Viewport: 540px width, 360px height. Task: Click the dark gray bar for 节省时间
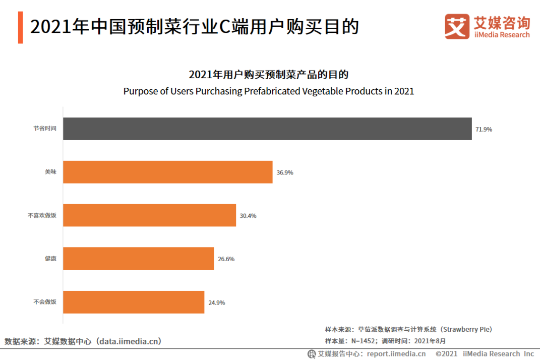267,129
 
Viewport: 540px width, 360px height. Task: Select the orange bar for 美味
168,172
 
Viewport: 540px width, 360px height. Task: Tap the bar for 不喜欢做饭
150,215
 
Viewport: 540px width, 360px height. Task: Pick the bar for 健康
139,259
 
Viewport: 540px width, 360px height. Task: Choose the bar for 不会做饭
134,302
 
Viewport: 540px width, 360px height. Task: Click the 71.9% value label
484,130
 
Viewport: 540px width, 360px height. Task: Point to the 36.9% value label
284,172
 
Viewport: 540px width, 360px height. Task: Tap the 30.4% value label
248,216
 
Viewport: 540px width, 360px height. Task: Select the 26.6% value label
226,259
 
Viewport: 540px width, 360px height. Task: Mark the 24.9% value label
216,303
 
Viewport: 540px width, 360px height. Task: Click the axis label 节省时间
45,129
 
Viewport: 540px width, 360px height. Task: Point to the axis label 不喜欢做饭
42,216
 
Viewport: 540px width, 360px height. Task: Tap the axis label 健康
50,259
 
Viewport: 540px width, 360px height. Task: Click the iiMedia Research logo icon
457,26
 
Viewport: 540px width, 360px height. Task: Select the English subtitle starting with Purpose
269,91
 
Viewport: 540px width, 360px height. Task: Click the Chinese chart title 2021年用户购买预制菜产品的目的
269,75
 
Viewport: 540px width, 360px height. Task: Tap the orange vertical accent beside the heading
21,27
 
